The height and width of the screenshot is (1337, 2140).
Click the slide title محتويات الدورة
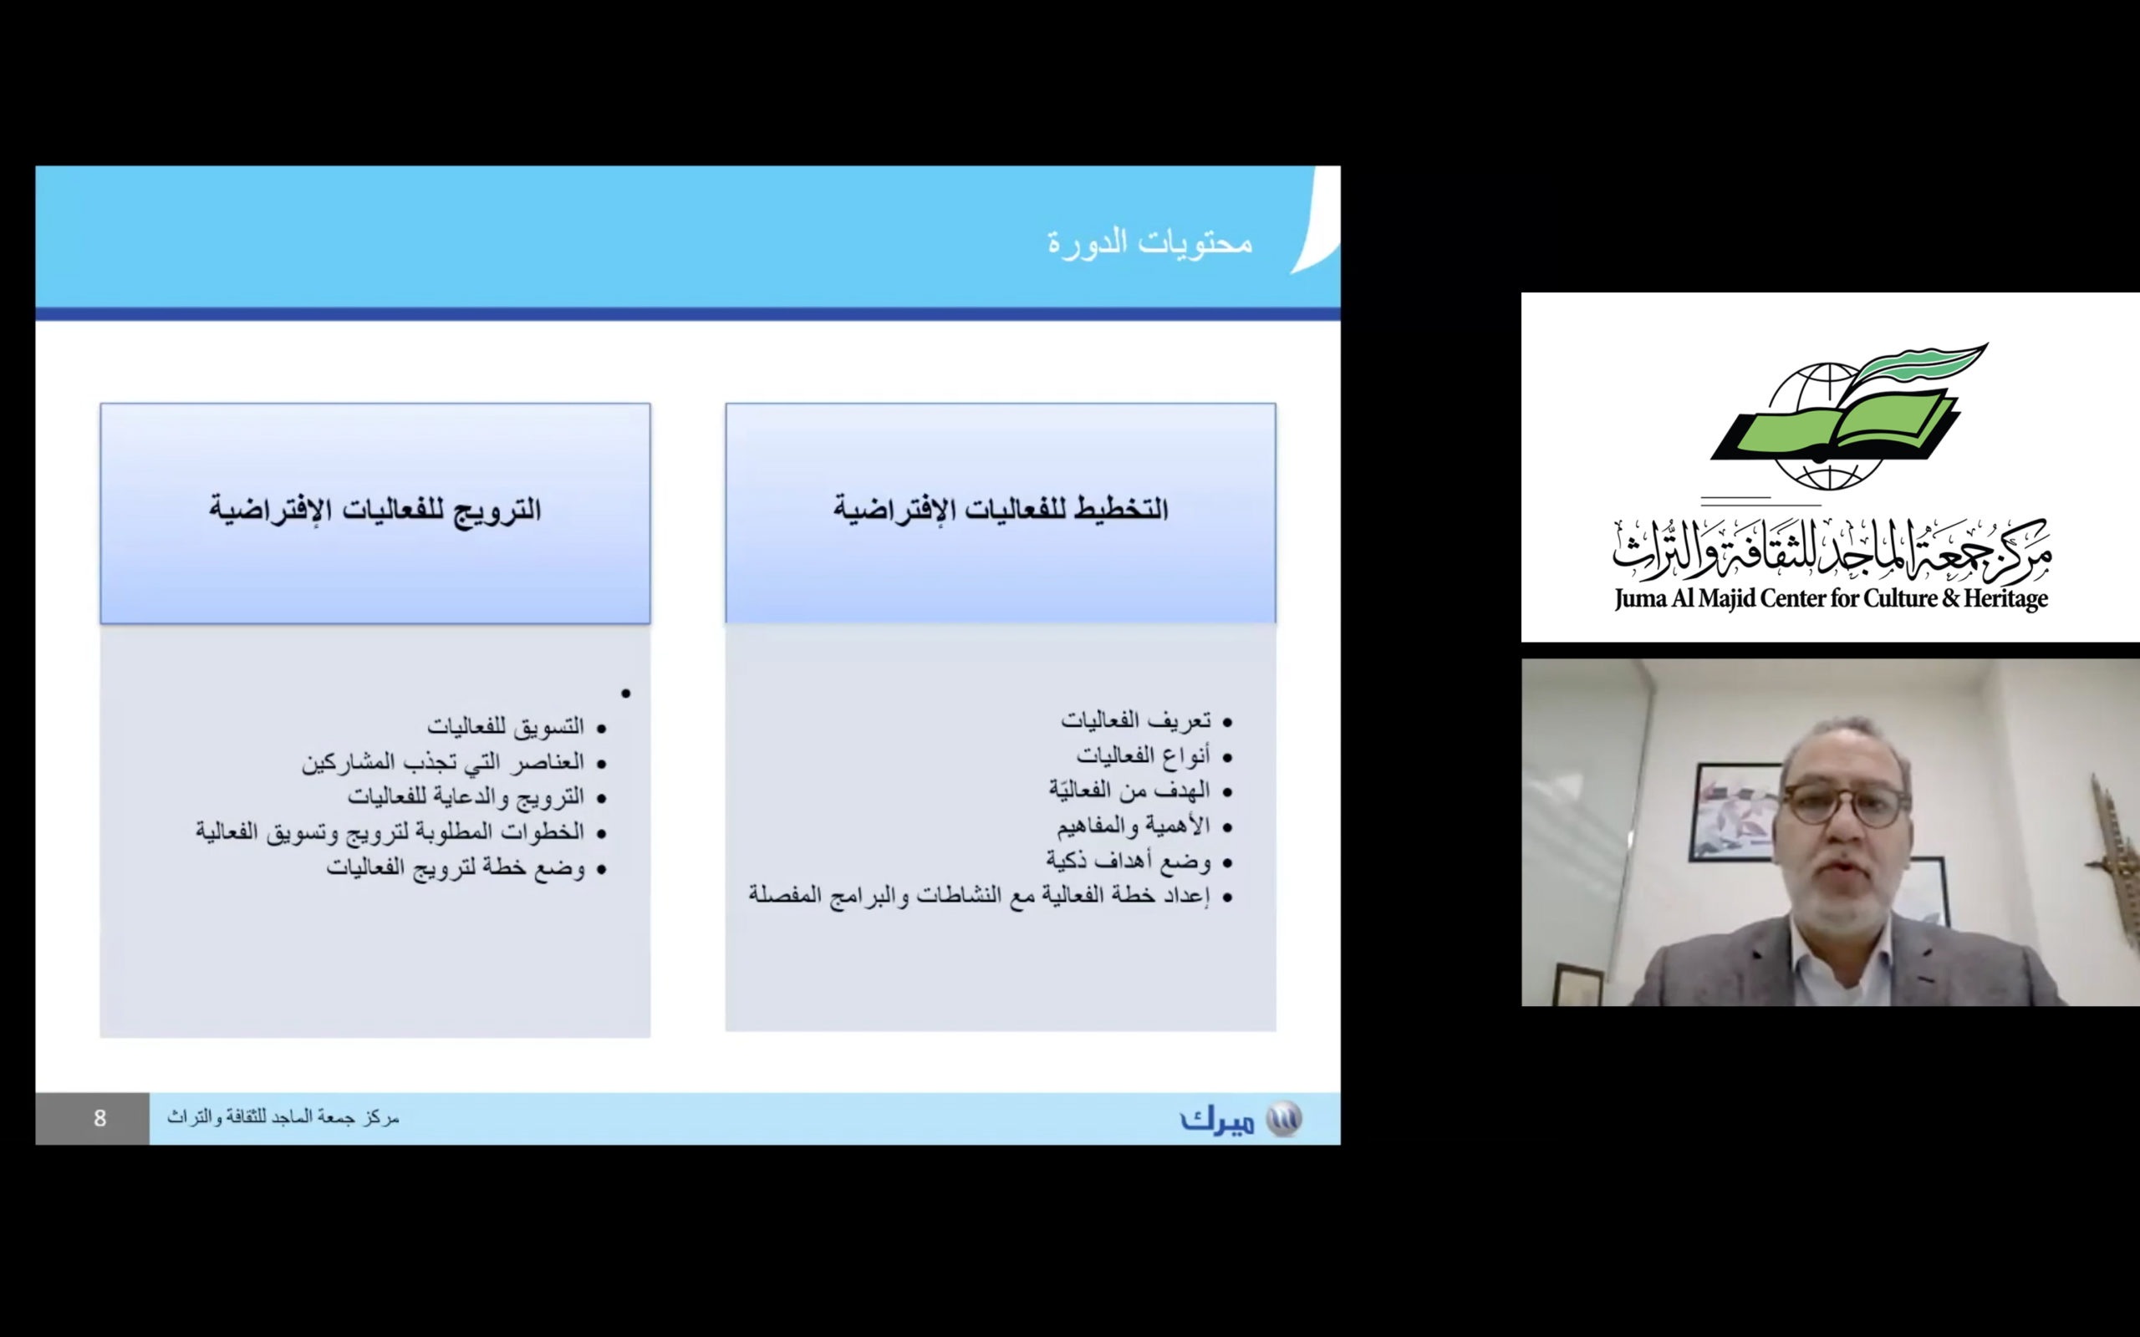(1149, 242)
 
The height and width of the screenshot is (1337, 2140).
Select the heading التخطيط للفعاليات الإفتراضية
(1000, 510)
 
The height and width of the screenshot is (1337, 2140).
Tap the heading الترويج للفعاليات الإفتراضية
(375, 510)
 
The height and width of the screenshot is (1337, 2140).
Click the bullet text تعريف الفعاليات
(1135, 720)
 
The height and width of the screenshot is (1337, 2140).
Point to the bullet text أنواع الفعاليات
(1143, 755)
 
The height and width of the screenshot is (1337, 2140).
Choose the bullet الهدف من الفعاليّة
(1129, 790)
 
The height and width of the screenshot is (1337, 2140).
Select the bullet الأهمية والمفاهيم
(1133, 825)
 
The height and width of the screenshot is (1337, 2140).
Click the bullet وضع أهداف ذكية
(1129, 861)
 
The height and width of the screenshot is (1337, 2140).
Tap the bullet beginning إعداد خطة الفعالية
(979, 896)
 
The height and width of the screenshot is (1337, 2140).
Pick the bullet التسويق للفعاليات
(506, 726)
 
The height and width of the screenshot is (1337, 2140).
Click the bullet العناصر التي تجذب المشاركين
(443, 761)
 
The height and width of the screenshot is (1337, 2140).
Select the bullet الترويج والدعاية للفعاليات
(466, 796)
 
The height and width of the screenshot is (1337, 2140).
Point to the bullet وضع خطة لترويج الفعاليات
(456, 867)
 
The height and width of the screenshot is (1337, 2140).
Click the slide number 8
(100, 1119)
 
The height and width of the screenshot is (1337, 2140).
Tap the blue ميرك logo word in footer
(1218, 1121)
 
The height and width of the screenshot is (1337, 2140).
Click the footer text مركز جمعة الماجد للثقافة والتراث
(283, 1118)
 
